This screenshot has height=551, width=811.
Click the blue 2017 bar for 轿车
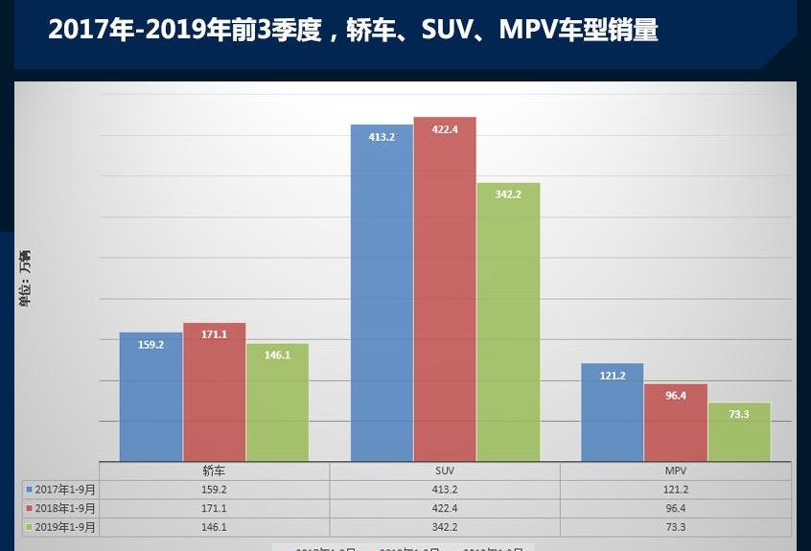pos(151,397)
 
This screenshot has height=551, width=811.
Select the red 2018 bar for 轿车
pos(214,392)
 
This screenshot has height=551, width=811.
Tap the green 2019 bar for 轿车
pos(277,402)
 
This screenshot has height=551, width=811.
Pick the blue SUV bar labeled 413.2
pos(382,293)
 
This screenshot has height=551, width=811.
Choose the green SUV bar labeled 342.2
pos(508,322)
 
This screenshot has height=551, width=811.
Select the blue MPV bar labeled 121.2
pos(613,412)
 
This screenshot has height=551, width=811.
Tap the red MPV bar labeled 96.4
pos(676,423)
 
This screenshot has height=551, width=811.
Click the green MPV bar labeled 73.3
pos(739,432)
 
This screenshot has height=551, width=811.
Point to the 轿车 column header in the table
pos(214,471)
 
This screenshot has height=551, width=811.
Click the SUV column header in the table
pos(445,471)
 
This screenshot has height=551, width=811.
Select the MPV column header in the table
pos(676,471)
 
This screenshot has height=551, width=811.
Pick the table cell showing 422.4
pos(445,508)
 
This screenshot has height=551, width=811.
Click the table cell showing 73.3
pos(676,527)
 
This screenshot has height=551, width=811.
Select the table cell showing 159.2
pos(214,490)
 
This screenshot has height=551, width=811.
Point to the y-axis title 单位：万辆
pos(25,278)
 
